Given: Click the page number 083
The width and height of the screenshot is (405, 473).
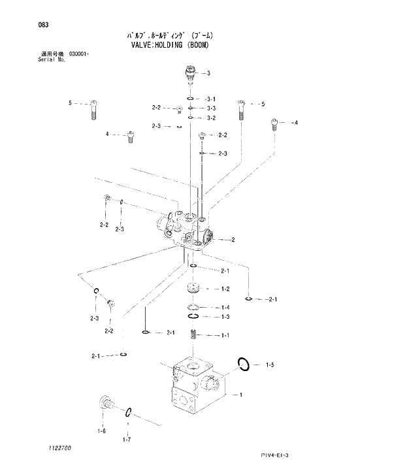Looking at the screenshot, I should (44, 25).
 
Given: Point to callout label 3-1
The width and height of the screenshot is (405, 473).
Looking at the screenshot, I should (211, 99).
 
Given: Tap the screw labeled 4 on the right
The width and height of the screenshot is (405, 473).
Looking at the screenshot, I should (274, 123).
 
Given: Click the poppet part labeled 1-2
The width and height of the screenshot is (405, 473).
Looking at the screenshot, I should (193, 289).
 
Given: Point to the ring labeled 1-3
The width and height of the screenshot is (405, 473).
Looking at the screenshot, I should (193, 318).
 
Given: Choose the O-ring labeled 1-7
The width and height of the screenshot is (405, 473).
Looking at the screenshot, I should (129, 412).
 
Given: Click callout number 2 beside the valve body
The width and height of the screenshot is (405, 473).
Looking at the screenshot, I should (233, 240).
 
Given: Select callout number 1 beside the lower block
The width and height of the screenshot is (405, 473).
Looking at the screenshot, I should (242, 395).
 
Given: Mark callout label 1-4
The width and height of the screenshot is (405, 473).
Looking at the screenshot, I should (225, 308).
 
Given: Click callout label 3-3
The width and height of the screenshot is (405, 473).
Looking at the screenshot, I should (211, 108).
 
